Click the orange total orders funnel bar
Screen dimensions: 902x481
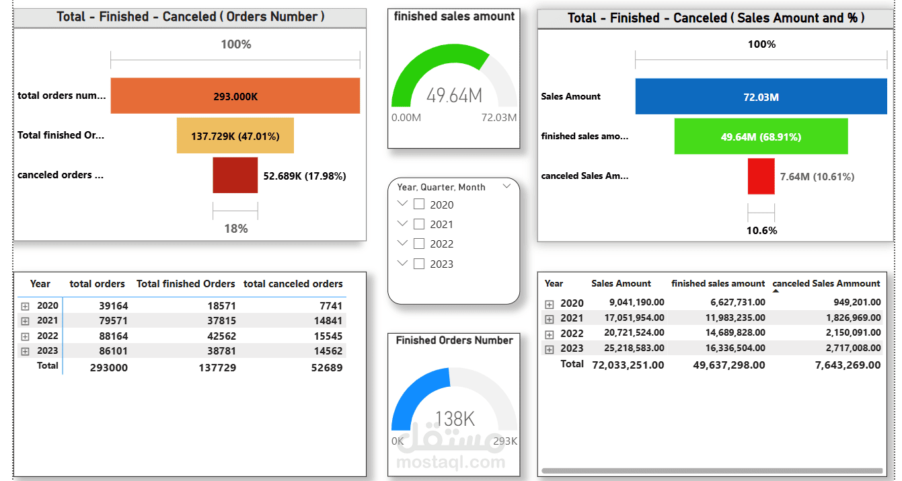point(235,96)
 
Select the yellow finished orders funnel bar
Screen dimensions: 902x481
point(235,135)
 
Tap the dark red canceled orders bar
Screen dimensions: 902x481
point(235,175)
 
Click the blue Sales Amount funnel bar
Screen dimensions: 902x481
point(761,96)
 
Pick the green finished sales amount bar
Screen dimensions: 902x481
point(761,136)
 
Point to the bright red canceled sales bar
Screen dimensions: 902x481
point(761,176)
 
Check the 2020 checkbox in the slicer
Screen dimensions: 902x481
point(419,205)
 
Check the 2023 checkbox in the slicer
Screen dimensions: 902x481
point(419,264)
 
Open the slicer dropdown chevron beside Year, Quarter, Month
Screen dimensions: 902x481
point(507,186)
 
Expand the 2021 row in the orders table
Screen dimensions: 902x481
point(26,321)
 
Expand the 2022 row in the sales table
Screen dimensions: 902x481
point(550,335)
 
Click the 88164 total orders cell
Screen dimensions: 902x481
point(113,336)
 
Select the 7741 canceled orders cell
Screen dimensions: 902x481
point(331,306)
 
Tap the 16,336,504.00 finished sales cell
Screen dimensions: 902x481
point(735,348)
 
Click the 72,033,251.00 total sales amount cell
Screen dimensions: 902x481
point(628,365)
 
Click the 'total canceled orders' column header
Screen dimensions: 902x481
point(293,284)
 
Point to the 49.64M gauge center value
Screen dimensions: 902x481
point(454,96)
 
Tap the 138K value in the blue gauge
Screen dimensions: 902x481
point(455,419)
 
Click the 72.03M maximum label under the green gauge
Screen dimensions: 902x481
point(499,118)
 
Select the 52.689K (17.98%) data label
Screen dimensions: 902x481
point(305,176)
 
